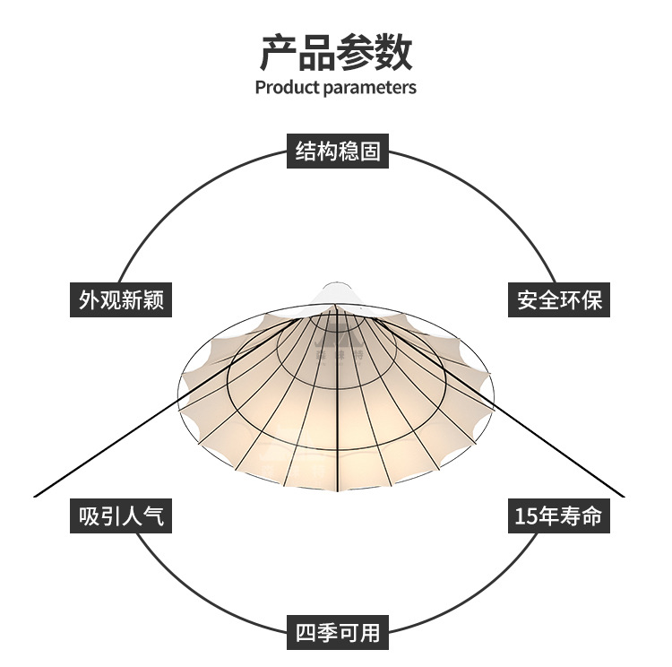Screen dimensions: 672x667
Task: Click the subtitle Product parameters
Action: coord(336,88)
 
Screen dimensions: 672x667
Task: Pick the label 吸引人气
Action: coord(121,516)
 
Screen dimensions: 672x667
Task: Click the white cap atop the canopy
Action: coord(336,293)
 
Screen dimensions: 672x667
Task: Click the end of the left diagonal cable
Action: coord(36,495)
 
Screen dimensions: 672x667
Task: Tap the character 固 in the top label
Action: coord(370,151)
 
